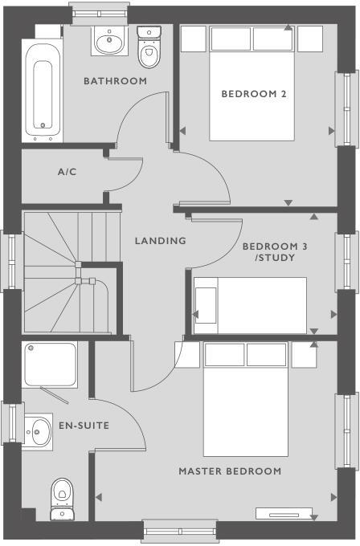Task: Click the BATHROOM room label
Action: point(116,81)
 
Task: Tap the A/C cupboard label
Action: point(67,172)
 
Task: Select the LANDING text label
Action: point(160,240)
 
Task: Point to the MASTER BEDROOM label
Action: point(230,471)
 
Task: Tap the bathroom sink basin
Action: point(106,40)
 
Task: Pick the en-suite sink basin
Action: point(37,433)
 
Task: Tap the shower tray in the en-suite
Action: point(51,365)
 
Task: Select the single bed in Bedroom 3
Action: point(250,305)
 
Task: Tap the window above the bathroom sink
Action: point(100,12)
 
